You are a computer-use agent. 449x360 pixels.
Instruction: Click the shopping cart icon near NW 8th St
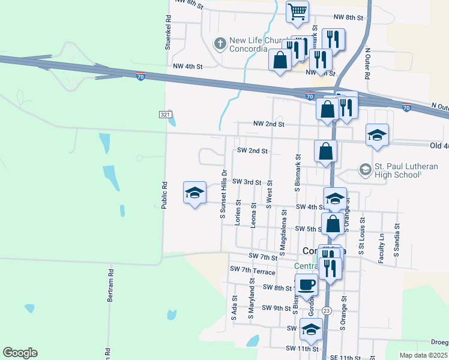point(298,12)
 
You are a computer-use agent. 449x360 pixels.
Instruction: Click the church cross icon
point(220,43)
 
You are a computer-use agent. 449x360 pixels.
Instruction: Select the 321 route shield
point(166,114)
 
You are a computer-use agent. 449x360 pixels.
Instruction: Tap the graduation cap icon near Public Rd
point(194,193)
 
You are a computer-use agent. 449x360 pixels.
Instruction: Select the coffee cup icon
point(306,284)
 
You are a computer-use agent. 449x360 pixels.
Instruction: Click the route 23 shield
point(326,310)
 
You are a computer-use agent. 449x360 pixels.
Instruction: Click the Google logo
point(20,353)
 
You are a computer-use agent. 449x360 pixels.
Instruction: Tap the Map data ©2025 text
point(424,355)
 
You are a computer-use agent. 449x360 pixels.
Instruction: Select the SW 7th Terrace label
point(252,271)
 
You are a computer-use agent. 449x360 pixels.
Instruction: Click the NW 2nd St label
point(268,124)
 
